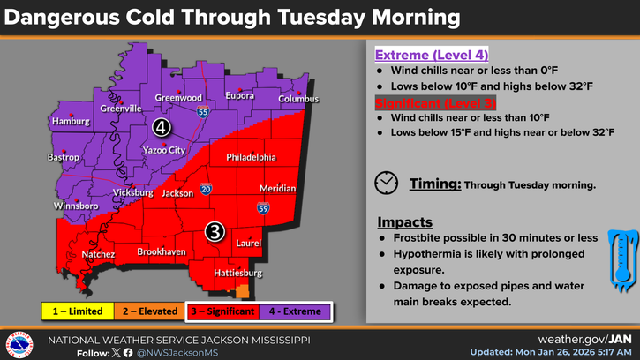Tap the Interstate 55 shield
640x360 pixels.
203,112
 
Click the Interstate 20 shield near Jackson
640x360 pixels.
206,189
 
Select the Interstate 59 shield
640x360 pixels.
264,208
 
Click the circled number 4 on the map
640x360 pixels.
161,127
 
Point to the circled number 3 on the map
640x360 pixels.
215,231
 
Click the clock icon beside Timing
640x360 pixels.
386,183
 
